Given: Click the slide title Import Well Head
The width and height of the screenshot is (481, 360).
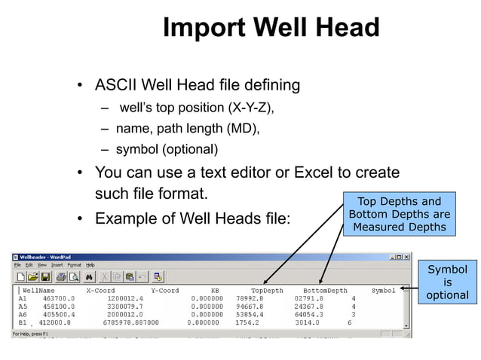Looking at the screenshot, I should tap(271, 29).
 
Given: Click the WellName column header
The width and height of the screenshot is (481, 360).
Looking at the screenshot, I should tap(38, 290).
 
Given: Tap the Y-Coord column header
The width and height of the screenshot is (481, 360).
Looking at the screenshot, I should tap(164, 290).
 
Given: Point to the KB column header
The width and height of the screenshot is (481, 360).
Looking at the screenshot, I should tap(214, 290).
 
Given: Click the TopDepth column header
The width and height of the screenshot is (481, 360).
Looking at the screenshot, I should tap(268, 290).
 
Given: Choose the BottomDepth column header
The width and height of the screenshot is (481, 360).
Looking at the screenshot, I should tap(325, 290).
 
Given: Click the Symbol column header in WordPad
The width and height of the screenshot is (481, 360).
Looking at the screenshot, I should tap(383, 290).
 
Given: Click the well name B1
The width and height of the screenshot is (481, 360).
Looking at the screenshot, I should tap(23, 322).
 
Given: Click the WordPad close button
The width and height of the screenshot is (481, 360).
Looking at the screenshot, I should tap(408, 257).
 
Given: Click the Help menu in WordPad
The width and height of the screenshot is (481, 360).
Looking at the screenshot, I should tap(90, 265).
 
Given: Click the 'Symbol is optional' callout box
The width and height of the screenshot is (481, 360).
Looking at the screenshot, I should tap(447, 282).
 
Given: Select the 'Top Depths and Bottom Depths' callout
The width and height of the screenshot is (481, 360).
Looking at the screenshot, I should tap(399, 214).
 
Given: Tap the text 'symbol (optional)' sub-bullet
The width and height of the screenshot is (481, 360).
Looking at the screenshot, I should tap(167, 148).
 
